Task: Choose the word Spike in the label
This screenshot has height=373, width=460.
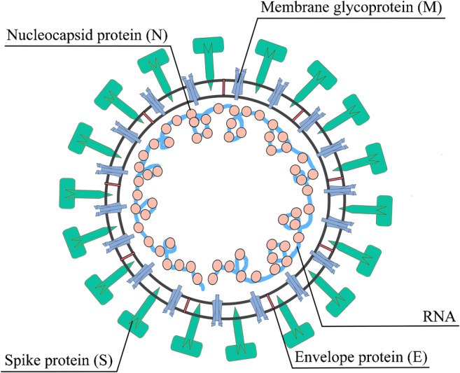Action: click(x=22, y=363)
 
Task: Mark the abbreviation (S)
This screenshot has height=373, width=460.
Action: click(x=105, y=363)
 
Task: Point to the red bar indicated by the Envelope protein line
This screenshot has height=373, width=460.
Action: click(x=270, y=301)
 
